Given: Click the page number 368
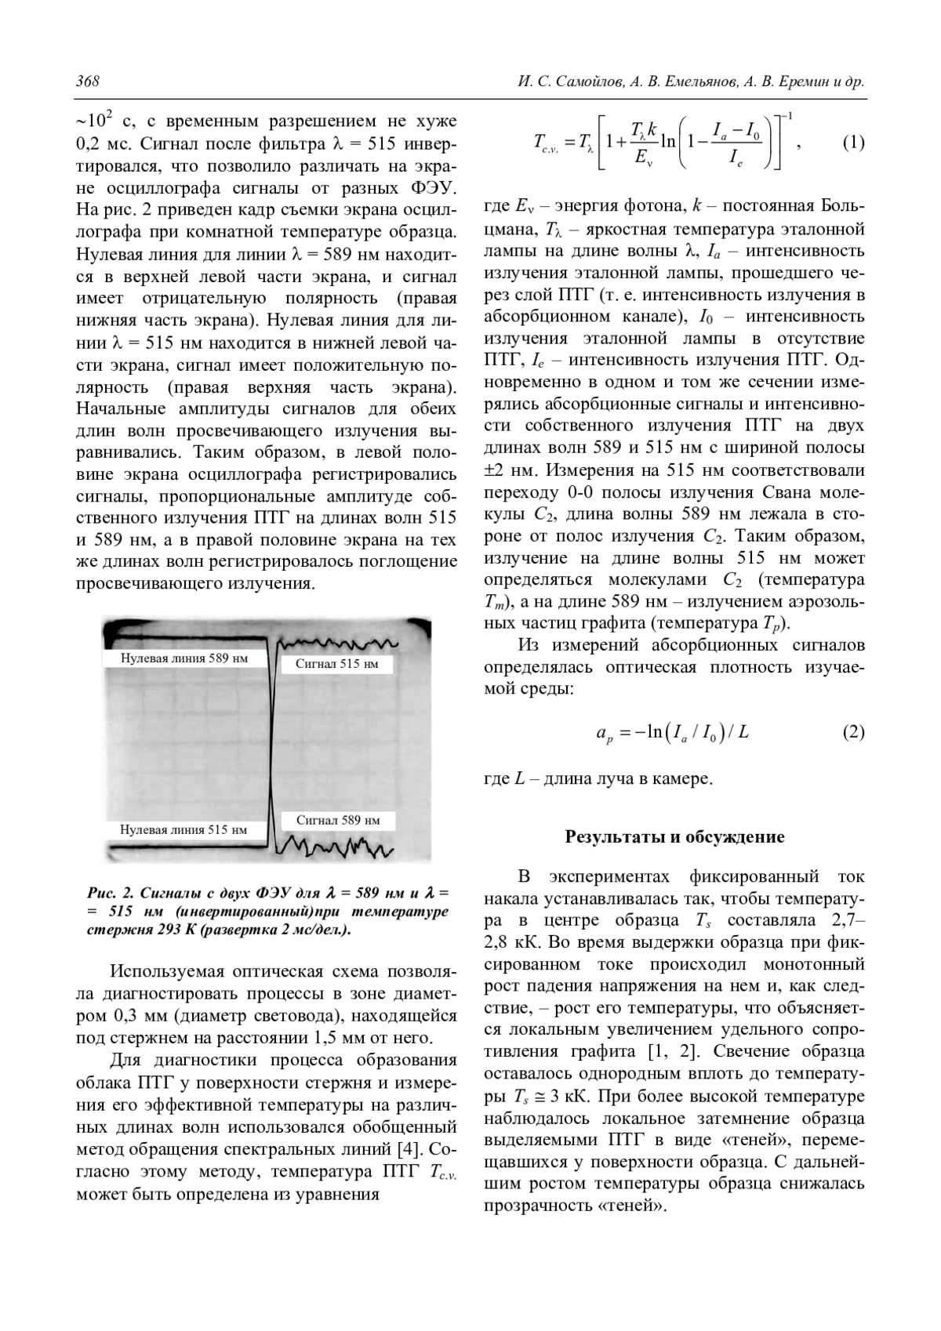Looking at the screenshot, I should (x=87, y=82).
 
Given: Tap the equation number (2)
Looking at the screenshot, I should (x=853, y=732).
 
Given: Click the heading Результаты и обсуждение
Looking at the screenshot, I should (x=674, y=836).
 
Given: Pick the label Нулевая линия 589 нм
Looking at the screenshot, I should (x=184, y=658).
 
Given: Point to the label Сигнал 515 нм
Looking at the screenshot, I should (x=336, y=664).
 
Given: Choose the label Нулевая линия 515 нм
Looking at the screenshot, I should (x=183, y=829).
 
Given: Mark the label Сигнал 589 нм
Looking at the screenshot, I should (x=337, y=820).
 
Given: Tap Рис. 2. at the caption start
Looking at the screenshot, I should (x=110, y=893).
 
